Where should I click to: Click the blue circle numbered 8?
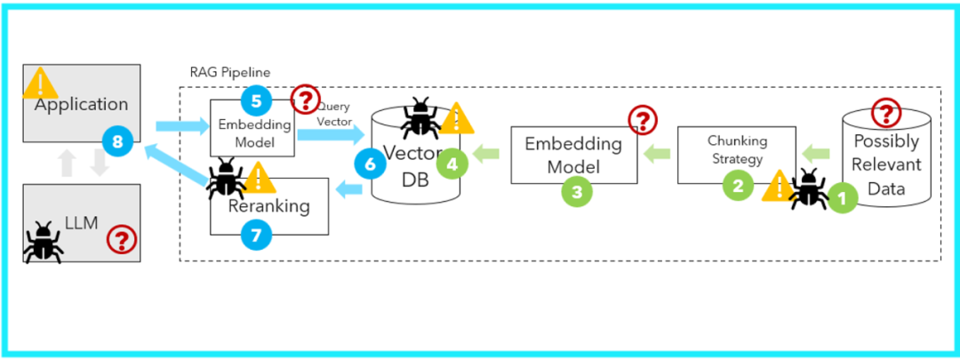click(x=117, y=140)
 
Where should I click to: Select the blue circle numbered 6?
click(x=369, y=163)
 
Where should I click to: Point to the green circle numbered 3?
click(x=577, y=190)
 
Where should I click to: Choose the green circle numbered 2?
click(x=737, y=186)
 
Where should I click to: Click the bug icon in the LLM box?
click(x=42, y=241)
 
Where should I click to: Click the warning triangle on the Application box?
click(x=41, y=84)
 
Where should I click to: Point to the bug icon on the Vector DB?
click(x=420, y=119)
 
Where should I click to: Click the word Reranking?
click(x=268, y=206)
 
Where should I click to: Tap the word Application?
click(x=81, y=104)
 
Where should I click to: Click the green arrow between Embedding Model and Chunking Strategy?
click(x=657, y=153)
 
